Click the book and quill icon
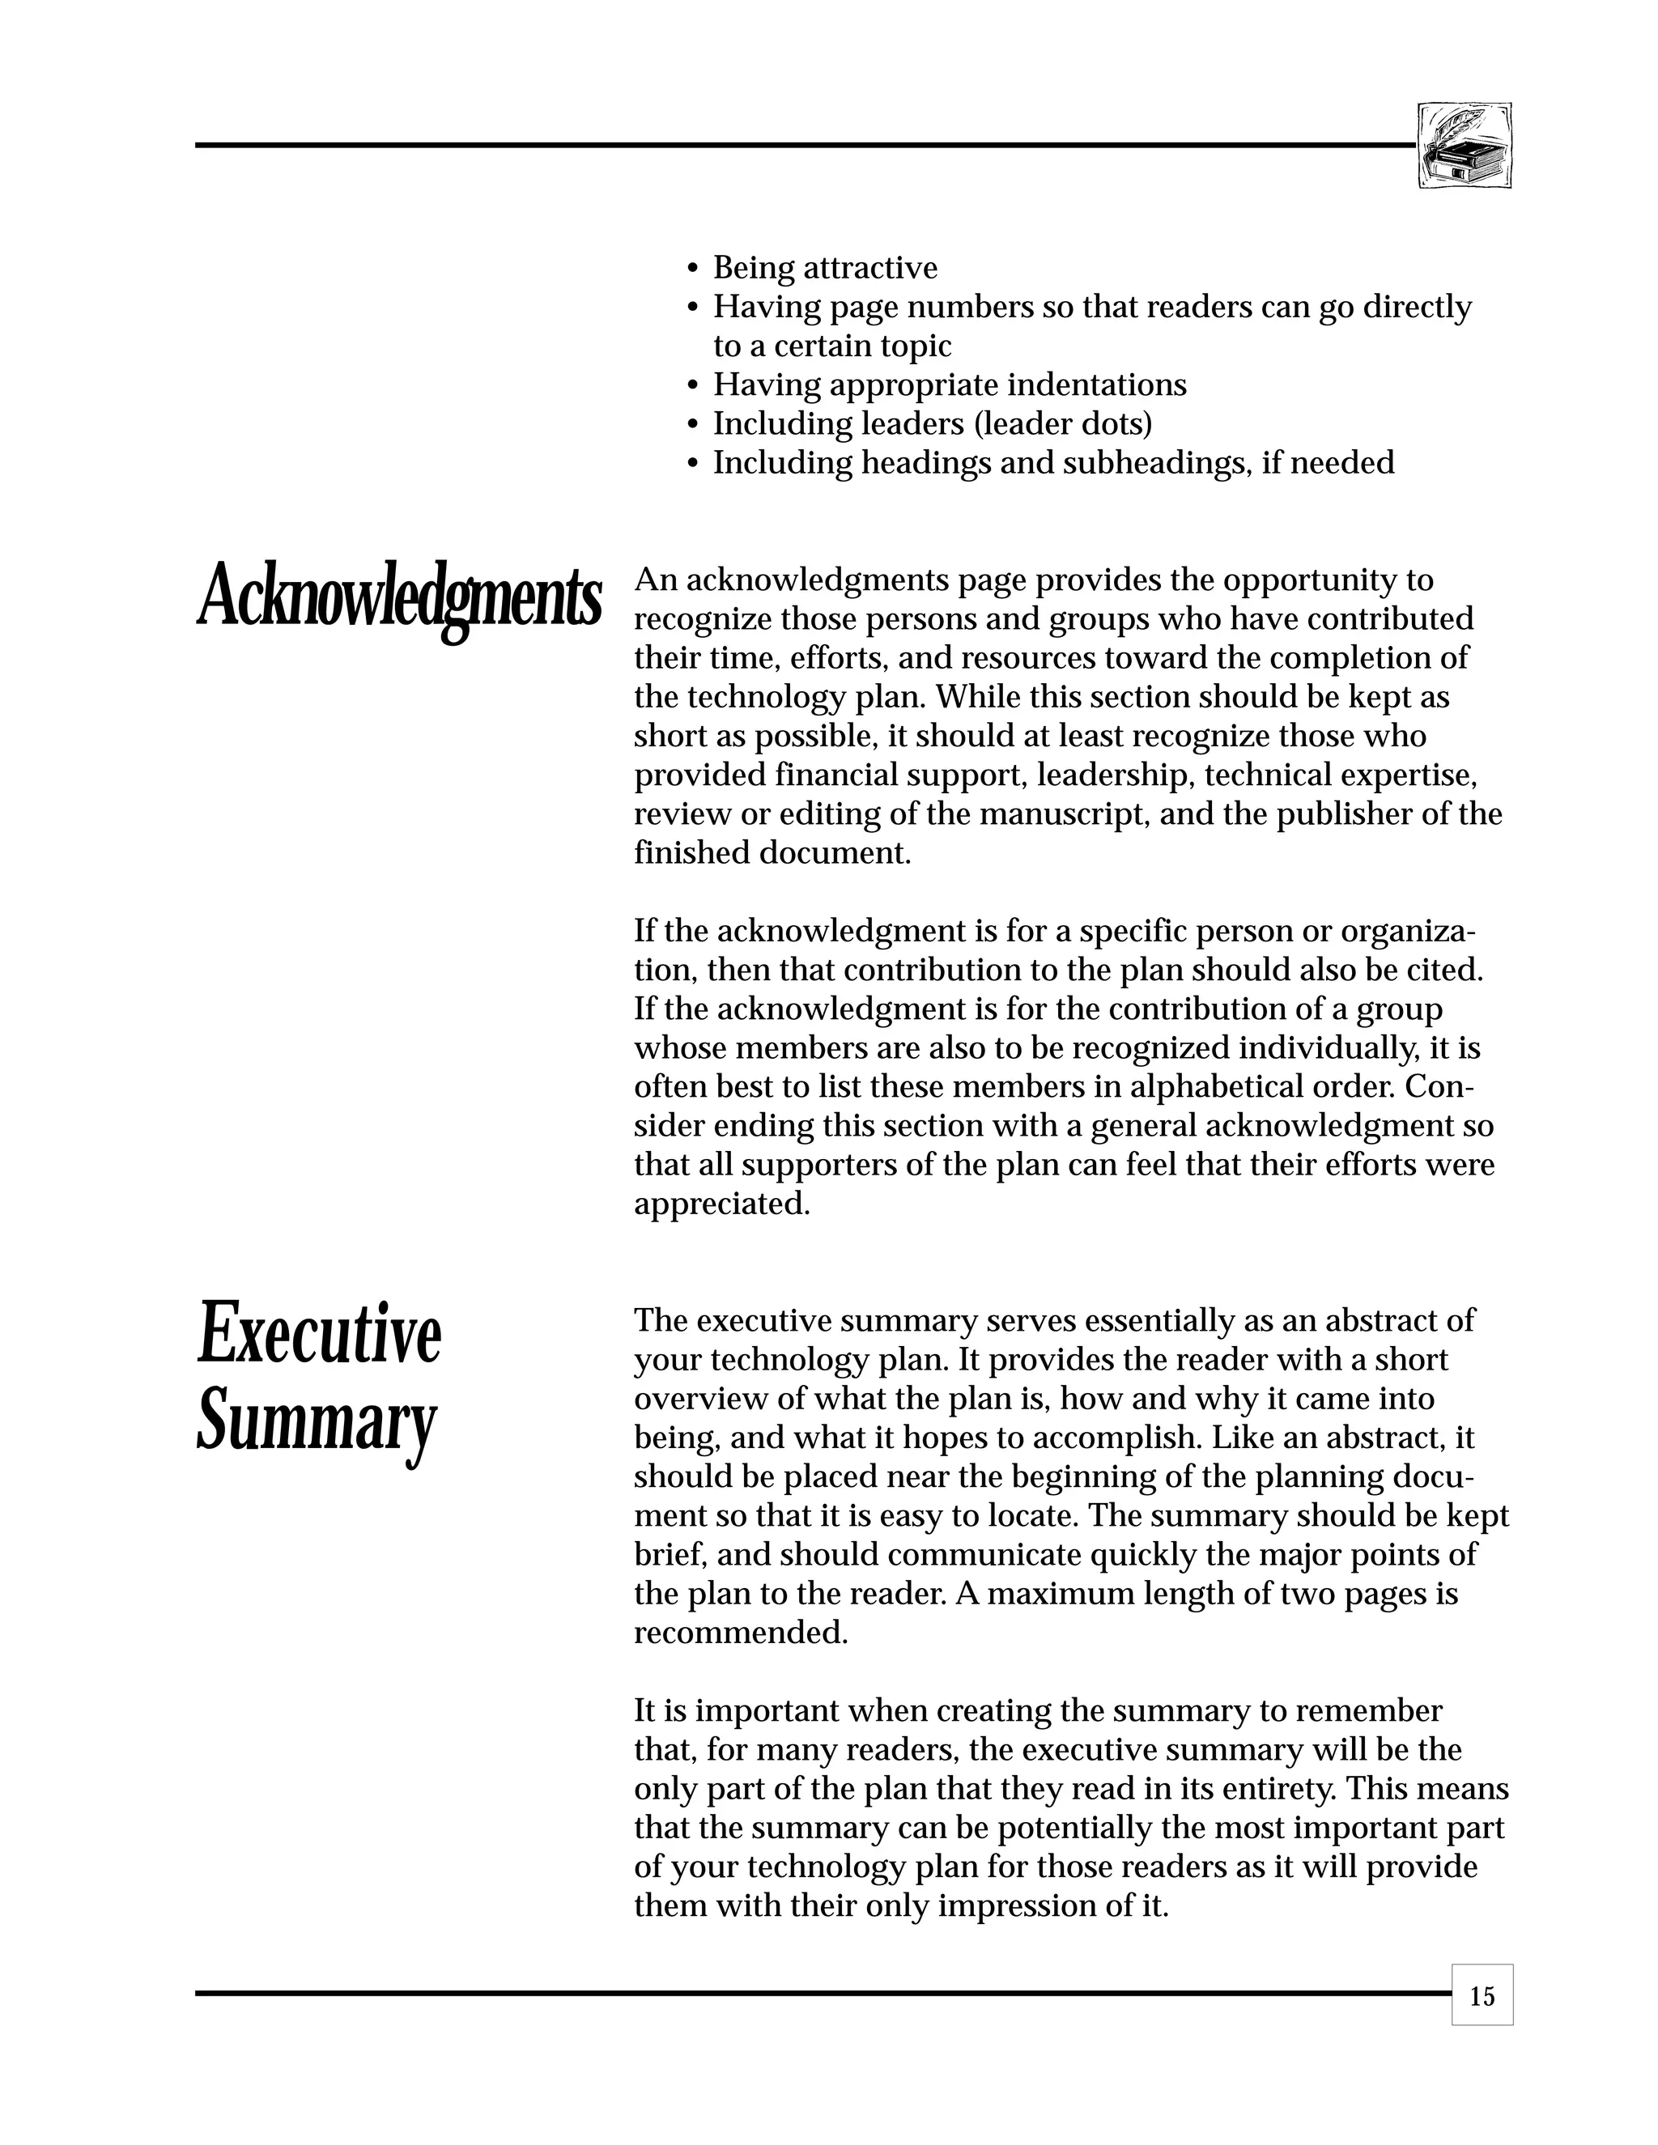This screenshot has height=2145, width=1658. [1465, 146]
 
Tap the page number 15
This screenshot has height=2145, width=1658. [1482, 1997]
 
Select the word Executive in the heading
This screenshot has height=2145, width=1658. [319, 1334]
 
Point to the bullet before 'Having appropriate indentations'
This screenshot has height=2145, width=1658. [692, 386]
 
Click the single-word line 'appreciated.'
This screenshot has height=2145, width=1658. [722, 1204]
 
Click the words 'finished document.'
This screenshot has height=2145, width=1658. [772, 852]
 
